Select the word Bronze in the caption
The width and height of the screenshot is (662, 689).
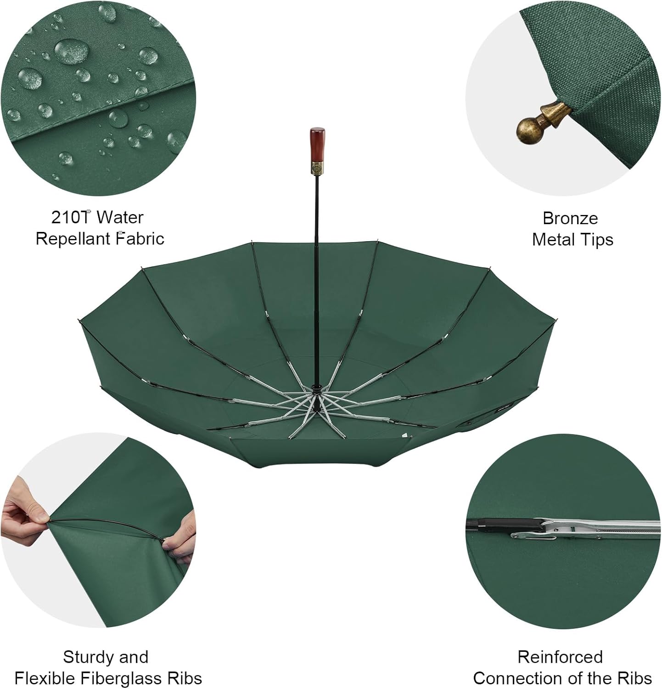point(570,218)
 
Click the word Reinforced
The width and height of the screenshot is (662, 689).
point(560,657)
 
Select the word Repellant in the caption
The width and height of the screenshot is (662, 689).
point(73,239)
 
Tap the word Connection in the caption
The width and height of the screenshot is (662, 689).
point(517,678)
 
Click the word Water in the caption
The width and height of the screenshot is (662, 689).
point(120,217)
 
